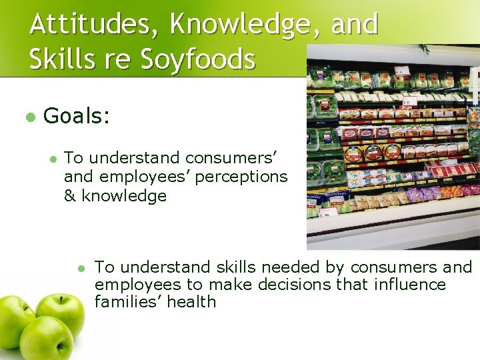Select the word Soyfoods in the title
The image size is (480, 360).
tap(197, 59)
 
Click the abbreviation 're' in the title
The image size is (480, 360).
tap(116, 59)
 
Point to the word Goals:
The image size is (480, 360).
tap(76, 116)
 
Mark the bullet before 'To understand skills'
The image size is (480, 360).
tap(81, 268)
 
